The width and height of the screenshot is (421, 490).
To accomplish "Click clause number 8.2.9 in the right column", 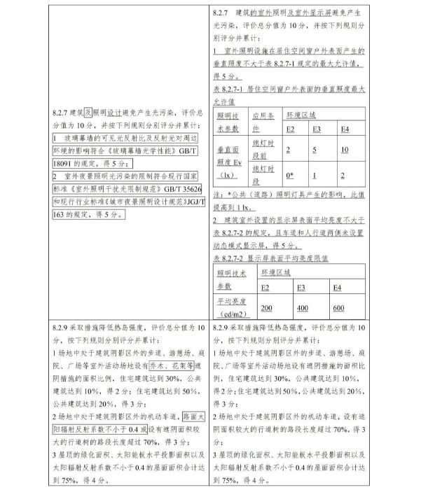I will (x=223, y=327).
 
